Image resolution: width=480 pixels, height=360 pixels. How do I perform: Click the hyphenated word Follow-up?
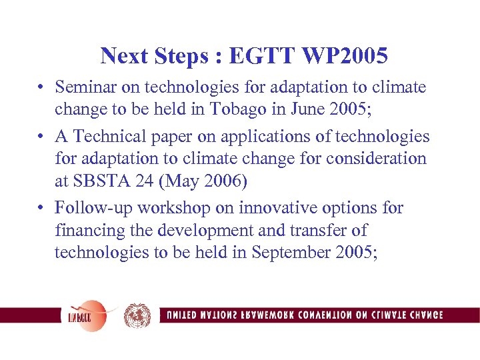tap(88, 209)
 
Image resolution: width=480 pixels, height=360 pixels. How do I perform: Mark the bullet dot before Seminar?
tap(41, 88)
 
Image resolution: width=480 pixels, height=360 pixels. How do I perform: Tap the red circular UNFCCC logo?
tap(85, 315)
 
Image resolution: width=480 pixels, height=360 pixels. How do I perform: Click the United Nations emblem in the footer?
tap(137, 315)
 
